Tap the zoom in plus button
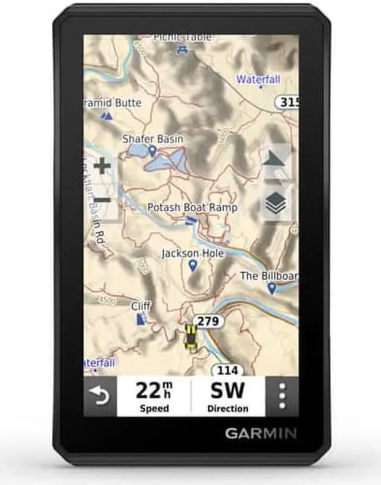[102, 166]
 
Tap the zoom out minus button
[102, 200]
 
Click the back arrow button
[100, 395]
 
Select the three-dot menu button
[282, 396]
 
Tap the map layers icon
[276, 203]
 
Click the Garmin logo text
[261, 433]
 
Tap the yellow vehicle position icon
[191, 337]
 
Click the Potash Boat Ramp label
[192, 207]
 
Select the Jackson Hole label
[192, 253]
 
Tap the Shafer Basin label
[153, 138]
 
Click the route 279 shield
[208, 322]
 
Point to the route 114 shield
[227, 370]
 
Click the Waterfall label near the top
[258, 79]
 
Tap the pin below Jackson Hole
[192, 266]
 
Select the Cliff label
[141, 306]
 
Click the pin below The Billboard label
[272, 288]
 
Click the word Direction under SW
[227, 408]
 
